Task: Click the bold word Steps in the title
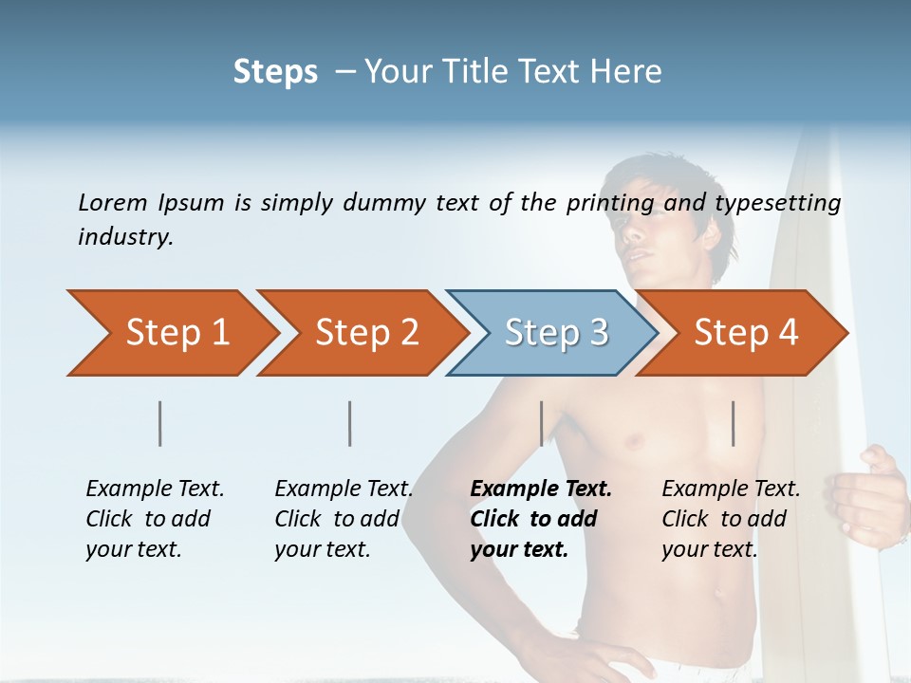[x=275, y=71]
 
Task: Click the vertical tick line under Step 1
[x=160, y=423]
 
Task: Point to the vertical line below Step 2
[x=350, y=423]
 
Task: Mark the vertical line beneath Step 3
[x=541, y=423]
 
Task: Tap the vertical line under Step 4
[x=733, y=423]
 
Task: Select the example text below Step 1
[x=154, y=519]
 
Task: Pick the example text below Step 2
[x=343, y=519]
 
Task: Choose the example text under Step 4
[x=730, y=519]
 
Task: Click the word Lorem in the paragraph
[x=113, y=202]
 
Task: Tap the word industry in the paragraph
[x=125, y=236]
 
